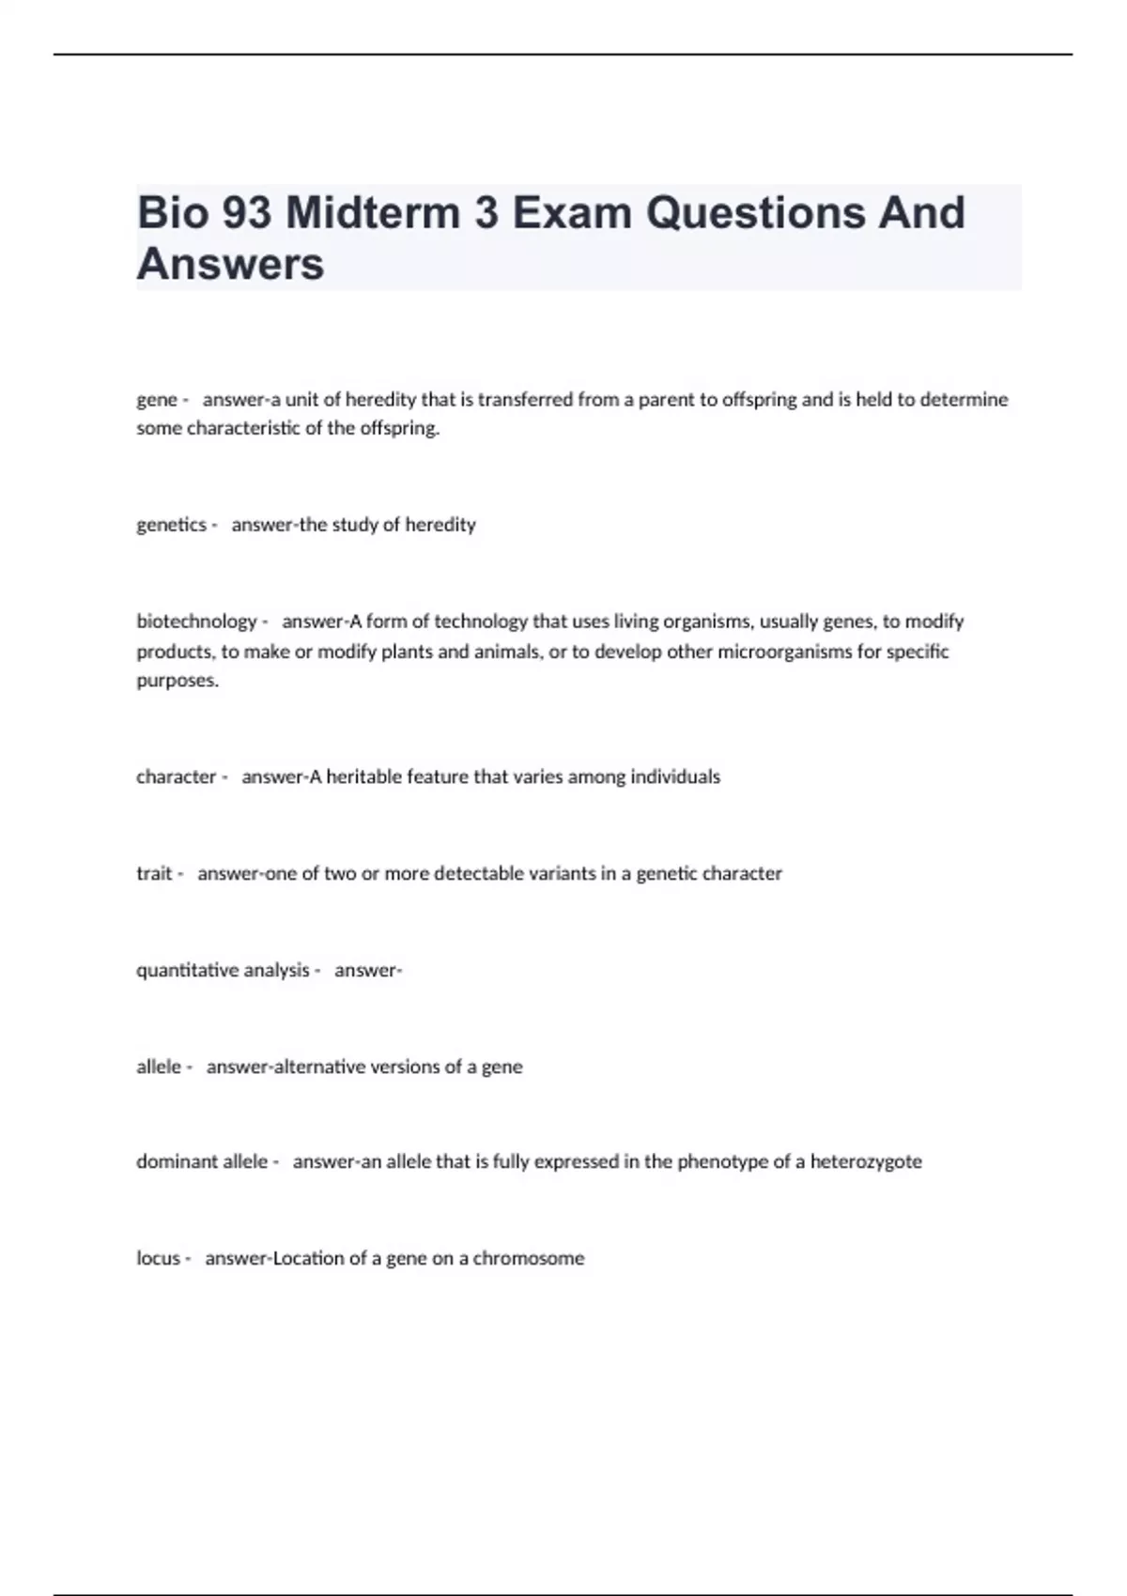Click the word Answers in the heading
230,264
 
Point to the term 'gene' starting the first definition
157,400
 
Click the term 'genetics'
171,525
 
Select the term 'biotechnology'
196,622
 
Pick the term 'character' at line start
177,777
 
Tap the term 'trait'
154,874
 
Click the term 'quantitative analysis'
223,971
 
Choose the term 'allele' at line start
159,1067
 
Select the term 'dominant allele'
202,1162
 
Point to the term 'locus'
158,1259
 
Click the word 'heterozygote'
866,1162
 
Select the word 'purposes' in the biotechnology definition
177,682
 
